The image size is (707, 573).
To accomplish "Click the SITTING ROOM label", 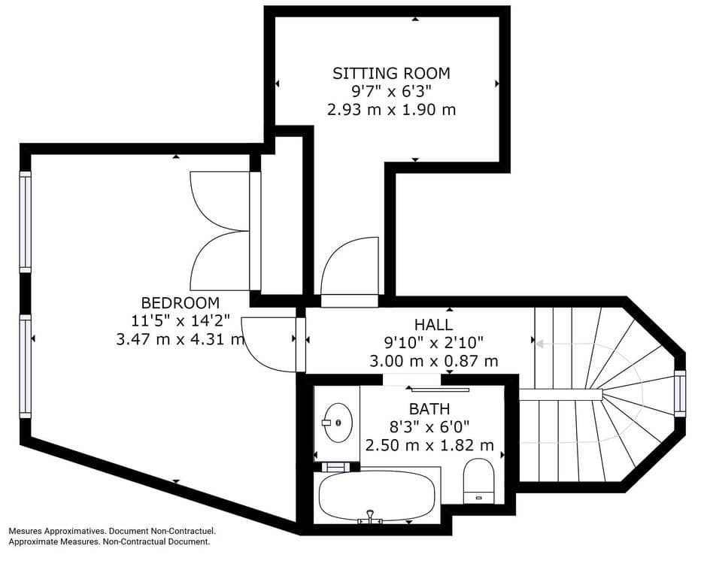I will point(391,73).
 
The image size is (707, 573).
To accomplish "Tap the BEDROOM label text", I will point(181,303).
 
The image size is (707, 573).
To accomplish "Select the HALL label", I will point(434,325).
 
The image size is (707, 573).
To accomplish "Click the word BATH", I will point(429,409).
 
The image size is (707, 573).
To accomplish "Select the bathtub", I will point(377,496).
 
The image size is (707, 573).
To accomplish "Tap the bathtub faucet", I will point(370,517).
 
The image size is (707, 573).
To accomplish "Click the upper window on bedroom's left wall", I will point(26,222).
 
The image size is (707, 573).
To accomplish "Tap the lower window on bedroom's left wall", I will point(26,365).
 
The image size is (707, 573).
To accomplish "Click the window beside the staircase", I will point(680,393).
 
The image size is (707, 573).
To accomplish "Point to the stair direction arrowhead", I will point(539,344).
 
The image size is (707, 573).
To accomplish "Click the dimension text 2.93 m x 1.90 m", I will point(391,110).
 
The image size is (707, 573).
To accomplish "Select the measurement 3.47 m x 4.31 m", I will point(181,339).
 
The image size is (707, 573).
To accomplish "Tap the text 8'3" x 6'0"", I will point(429,427).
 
